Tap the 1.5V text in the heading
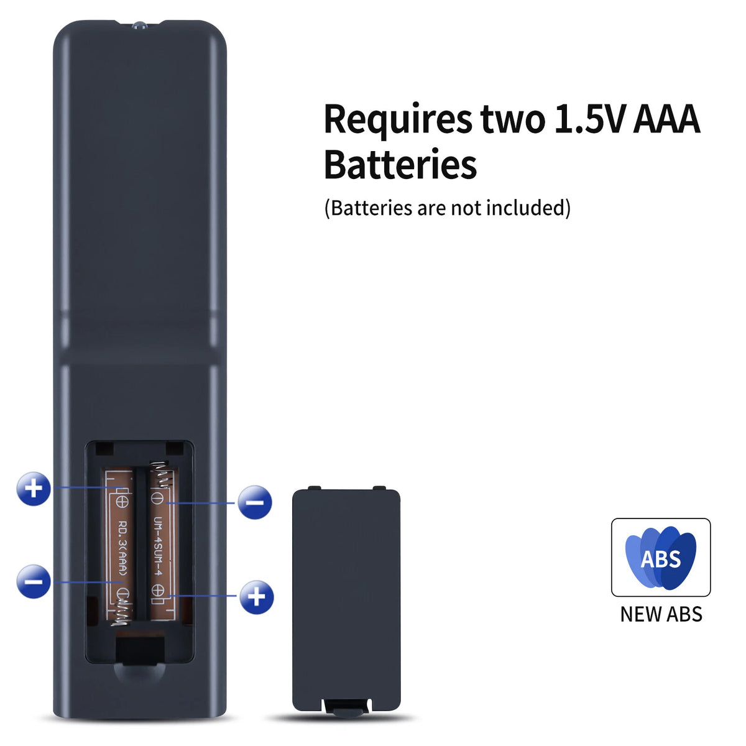click(x=589, y=119)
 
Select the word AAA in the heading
click(x=666, y=119)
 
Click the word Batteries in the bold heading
click(x=400, y=164)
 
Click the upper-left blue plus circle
click(x=34, y=489)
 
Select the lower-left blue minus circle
click(x=34, y=581)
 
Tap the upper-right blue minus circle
click(x=255, y=502)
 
